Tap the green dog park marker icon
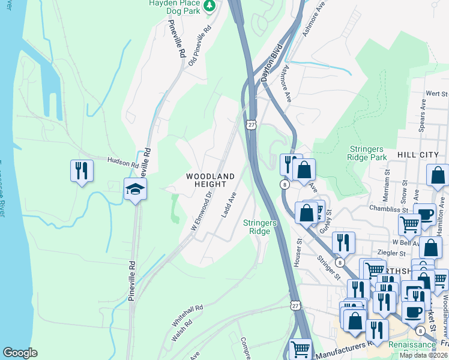click(x=209, y=6)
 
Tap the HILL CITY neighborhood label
click(x=418, y=155)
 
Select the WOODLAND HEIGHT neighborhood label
click(x=209, y=180)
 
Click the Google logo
click(x=20, y=353)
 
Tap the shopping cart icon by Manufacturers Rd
click(x=300, y=349)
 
